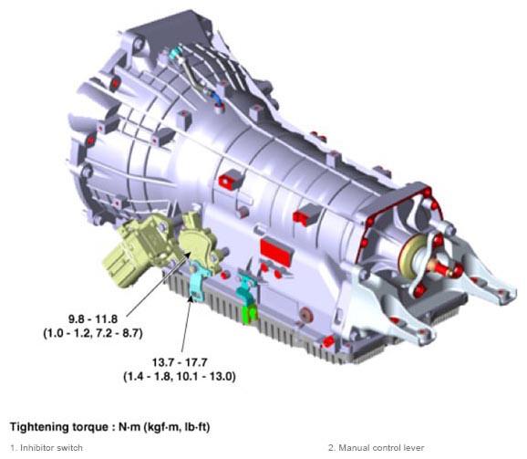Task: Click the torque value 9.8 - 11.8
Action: point(93,318)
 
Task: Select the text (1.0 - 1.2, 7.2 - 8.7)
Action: point(93,333)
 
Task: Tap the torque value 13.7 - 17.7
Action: point(180,362)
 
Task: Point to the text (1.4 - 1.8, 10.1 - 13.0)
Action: point(180,376)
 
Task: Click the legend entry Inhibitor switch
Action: point(46,448)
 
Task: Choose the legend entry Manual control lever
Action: point(376,448)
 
